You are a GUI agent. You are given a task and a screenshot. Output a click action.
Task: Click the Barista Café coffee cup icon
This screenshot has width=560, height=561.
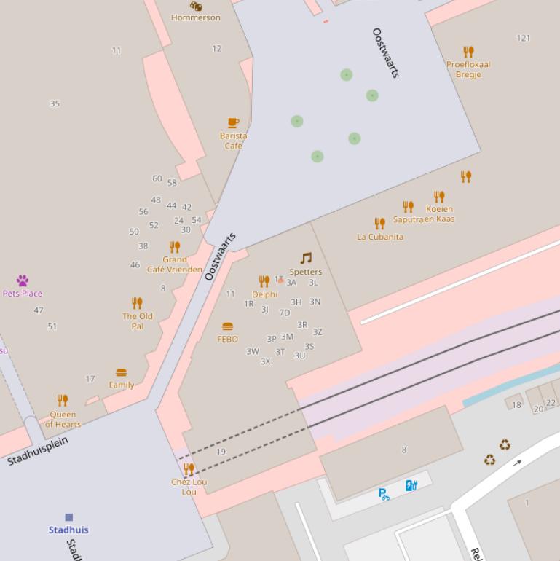[x=233, y=122]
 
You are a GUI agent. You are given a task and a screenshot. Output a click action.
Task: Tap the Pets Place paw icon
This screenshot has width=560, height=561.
[x=23, y=280]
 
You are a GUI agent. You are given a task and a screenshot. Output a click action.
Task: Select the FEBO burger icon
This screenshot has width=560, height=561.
[x=228, y=326]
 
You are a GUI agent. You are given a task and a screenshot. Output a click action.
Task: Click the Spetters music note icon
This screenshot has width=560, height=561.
[x=306, y=258]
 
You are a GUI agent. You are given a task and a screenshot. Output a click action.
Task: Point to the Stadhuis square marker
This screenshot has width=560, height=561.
[x=68, y=517]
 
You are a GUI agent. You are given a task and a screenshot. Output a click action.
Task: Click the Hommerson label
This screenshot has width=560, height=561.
[x=195, y=17]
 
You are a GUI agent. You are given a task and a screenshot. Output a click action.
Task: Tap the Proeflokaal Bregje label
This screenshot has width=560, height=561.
[x=468, y=69]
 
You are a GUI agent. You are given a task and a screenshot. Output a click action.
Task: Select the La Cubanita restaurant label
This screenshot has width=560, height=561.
[x=380, y=237]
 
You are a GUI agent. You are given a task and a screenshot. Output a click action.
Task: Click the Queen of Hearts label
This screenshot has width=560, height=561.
[x=63, y=420]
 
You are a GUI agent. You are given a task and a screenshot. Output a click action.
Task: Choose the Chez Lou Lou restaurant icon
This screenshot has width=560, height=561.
[x=189, y=469]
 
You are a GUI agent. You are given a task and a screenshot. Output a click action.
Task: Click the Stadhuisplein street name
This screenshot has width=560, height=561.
[x=38, y=451]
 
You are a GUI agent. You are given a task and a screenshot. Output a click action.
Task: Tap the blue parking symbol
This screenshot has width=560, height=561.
[x=384, y=495]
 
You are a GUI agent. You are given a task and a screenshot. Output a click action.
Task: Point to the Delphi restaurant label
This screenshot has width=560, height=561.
[x=264, y=294]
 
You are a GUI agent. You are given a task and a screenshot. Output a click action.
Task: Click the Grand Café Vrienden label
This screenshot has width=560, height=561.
[x=175, y=264]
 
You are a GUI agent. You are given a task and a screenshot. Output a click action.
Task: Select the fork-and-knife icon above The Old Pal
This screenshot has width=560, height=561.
[x=137, y=303]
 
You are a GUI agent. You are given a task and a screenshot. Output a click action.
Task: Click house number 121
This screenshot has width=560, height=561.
[x=523, y=38]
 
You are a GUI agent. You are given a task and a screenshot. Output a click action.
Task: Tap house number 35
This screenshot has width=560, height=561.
[x=55, y=103]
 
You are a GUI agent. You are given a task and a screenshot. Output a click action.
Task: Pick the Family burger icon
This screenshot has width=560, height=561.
[x=122, y=373]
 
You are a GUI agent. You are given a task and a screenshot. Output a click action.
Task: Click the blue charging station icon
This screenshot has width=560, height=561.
[x=411, y=485]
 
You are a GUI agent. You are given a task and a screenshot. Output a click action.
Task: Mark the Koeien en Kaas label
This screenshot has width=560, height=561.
[x=439, y=214]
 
